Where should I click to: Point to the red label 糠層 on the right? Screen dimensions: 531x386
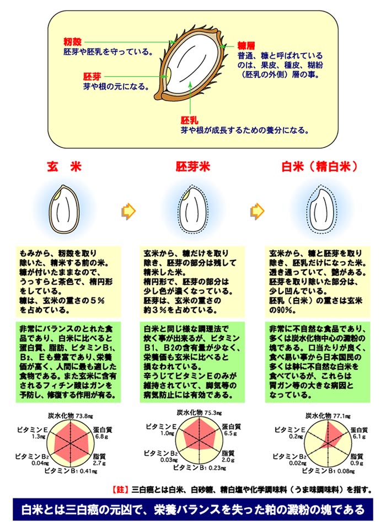point(246,46)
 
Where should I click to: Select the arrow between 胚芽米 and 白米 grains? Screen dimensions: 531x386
point(256,210)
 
